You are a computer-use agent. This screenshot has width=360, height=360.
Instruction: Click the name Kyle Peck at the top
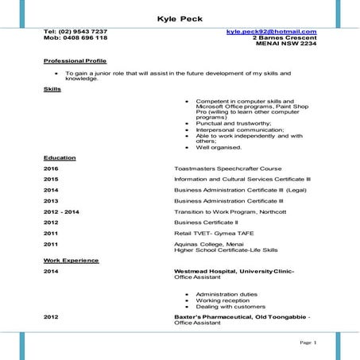pos(180,17)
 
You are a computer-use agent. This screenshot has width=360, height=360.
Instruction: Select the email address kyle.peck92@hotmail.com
pos(271,32)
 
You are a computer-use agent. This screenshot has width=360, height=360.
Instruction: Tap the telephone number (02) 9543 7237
pos(86,32)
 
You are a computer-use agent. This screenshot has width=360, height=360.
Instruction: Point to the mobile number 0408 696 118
pos(86,38)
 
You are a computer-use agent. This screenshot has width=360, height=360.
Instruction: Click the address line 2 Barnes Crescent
pos(284,38)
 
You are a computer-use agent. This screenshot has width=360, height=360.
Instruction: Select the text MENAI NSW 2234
pos(285,45)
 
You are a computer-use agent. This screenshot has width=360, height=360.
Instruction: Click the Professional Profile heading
pos(75,61)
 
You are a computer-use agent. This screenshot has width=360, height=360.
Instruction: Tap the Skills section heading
pos(52,89)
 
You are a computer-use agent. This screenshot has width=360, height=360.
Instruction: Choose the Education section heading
pos(60,157)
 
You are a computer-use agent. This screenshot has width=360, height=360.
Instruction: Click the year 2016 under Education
pos(51,168)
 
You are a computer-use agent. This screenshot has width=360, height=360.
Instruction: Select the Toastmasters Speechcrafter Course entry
pos(228,168)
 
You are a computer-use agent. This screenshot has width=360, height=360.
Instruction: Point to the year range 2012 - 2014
pos(61,213)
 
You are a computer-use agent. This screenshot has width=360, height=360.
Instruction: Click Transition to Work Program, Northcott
pos(231,213)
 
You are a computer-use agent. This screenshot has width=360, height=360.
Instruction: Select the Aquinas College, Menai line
pos(210,244)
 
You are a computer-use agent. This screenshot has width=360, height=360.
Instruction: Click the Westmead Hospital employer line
pos(234,271)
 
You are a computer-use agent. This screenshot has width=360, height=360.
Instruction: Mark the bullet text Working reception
pos(223,300)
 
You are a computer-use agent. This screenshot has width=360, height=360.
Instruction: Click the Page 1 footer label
pos(308,343)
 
